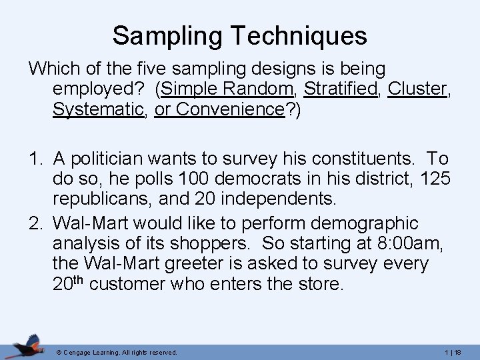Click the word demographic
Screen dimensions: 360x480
[x=360, y=223]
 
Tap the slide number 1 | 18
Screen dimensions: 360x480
[x=455, y=351]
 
